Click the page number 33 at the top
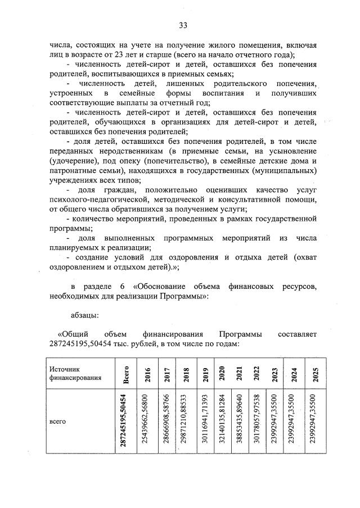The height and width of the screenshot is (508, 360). [183, 24]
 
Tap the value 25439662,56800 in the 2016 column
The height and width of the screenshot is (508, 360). [148, 421]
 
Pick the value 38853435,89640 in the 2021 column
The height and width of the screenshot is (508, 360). [240, 421]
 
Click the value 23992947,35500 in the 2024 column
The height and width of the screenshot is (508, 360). [293, 421]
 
